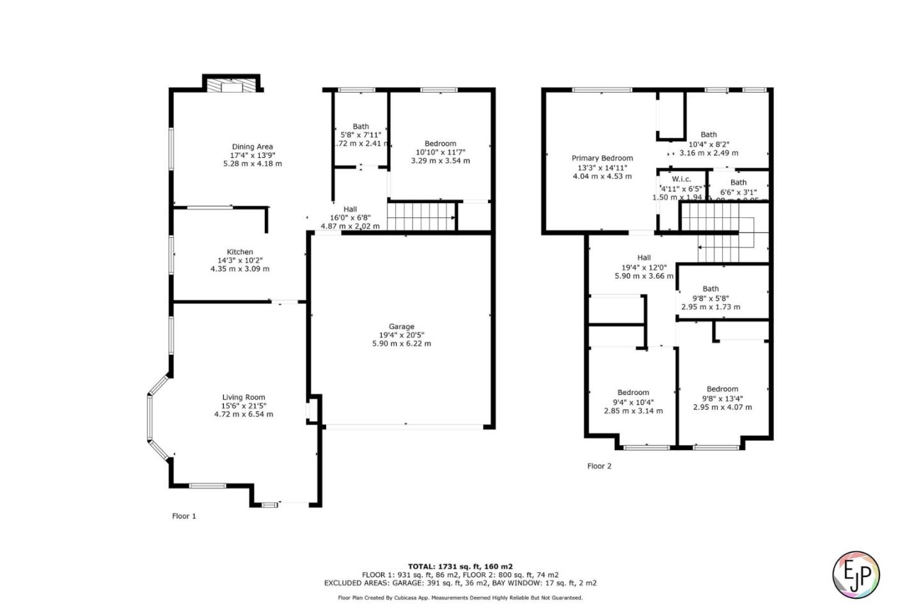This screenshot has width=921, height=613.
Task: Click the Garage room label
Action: click(402, 326)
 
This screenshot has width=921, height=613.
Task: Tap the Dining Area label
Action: click(252, 146)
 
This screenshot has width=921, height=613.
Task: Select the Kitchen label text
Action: click(240, 252)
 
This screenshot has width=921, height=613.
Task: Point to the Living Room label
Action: click(244, 397)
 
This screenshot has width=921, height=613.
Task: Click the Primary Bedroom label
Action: click(602, 158)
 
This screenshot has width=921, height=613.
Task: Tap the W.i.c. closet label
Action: click(681, 179)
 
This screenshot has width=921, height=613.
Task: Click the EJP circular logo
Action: click(856, 574)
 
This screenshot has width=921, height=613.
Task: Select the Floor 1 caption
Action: click(184, 516)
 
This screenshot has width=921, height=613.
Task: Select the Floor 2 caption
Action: click(599, 466)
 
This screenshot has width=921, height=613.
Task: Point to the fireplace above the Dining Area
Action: click(232, 86)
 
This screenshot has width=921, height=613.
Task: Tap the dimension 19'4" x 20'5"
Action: click(402, 335)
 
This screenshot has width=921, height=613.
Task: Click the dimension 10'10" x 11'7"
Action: click(440, 152)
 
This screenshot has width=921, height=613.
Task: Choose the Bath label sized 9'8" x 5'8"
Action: click(711, 289)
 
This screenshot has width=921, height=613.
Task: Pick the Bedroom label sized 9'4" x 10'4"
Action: click(633, 392)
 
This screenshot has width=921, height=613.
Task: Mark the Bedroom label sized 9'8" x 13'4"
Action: click(722, 389)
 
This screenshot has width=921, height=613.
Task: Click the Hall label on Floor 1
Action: click(350, 209)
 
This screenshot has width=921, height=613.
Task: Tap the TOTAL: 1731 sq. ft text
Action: click(460, 566)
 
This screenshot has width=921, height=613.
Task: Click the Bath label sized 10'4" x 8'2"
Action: click(709, 134)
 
